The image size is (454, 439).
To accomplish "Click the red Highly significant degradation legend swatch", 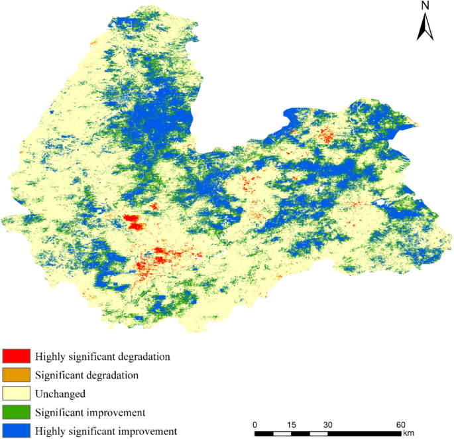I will pyautogui.click(x=15, y=356).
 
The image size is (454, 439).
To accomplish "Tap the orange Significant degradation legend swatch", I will pyautogui.click(x=15, y=375).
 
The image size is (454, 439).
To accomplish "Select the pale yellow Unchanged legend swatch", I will pyautogui.click(x=15, y=393).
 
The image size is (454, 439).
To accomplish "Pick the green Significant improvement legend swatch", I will pyautogui.click(x=15, y=412).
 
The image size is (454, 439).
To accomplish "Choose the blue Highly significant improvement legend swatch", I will pyautogui.click(x=15, y=431).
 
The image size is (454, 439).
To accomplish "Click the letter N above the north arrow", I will pyautogui.click(x=426, y=6).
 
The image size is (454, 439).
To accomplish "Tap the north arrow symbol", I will pyautogui.click(x=426, y=28).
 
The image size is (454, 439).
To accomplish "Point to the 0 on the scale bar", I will pyautogui.click(x=255, y=424).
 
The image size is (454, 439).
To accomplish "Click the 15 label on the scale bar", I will pyautogui.click(x=291, y=424).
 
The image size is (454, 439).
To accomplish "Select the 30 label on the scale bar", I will pyautogui.click(x=327, y=424).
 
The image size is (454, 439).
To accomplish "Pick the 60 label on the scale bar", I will pyautogui.click(x=400, y=424).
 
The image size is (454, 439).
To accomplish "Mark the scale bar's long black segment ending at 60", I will pyautogui.click(x=364, y=434).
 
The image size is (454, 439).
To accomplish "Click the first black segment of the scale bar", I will pyautogui.click(x=264, y=434).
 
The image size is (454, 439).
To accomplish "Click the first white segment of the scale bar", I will pyautogui.click(x=282, y=434).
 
